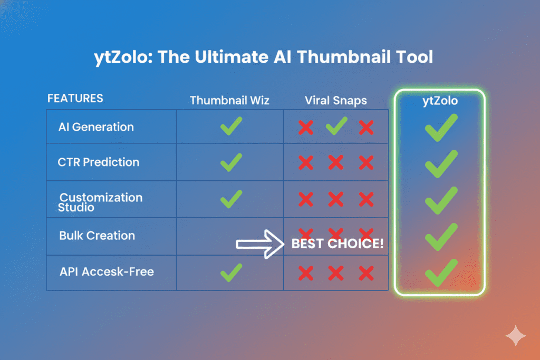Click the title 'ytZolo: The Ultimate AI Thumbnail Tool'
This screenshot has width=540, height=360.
point(270,57)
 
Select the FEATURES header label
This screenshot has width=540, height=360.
point(75,99)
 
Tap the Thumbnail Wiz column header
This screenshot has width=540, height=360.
point(229,100)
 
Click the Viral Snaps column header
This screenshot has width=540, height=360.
point(335,100)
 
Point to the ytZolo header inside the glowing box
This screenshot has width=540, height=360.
point(440,101)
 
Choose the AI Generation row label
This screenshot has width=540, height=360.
point(97,127)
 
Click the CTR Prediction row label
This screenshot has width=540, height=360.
point(99,162)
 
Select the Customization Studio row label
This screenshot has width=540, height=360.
point(100,202)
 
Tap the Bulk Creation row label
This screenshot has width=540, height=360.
point(97,236)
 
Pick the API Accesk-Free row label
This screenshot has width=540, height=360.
point(107,272)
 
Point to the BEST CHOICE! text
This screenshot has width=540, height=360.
point(337,244)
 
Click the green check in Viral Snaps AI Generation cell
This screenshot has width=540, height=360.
point(336,127)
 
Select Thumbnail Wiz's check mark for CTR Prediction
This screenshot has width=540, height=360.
point(231,162)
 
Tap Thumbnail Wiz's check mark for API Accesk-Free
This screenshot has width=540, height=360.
point(231,272)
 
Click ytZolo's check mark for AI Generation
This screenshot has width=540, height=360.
point(441,128)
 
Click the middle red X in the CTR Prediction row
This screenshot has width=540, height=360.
point(336,162)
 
